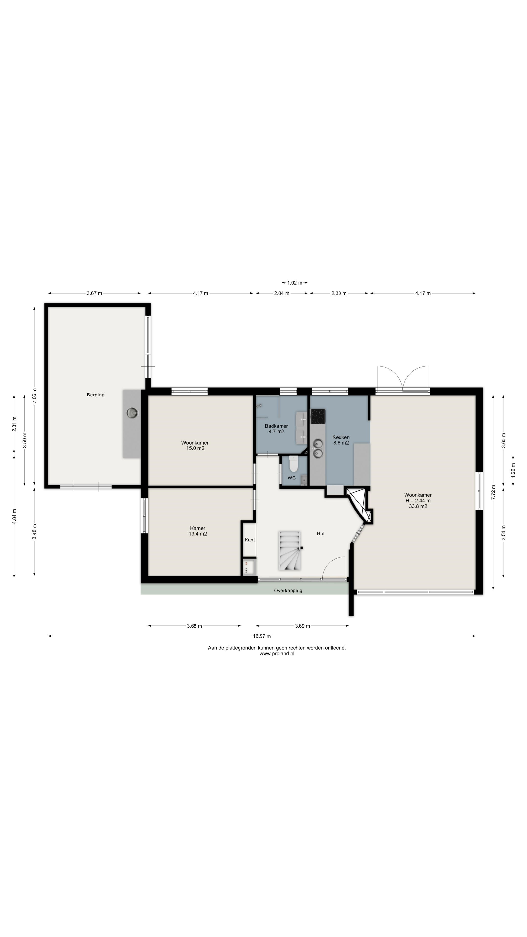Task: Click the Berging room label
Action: coord(96,395)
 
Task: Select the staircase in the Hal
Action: coord(290,551)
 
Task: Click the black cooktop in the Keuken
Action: coord(318,417)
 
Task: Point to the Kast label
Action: coord(250,540)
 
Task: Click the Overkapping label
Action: coord(288,590)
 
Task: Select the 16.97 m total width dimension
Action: coord(262,636)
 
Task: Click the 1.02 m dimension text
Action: coord(294,283)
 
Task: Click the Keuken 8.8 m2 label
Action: coord(341,440)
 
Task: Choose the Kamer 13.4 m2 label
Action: coord(198,531)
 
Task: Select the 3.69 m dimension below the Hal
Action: coord(302,626)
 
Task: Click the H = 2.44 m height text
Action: coord(418,500)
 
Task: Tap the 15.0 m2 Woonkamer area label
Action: coord(195,448)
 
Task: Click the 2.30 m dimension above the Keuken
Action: coord(339,293)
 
